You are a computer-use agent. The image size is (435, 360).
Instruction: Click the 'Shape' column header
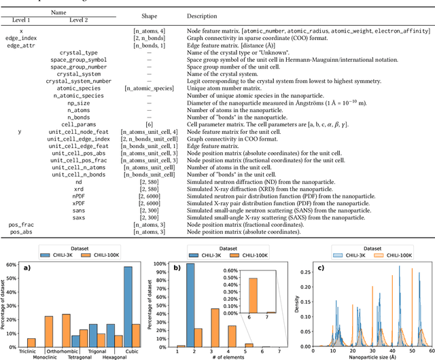150,16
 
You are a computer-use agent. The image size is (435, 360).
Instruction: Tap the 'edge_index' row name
21,39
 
